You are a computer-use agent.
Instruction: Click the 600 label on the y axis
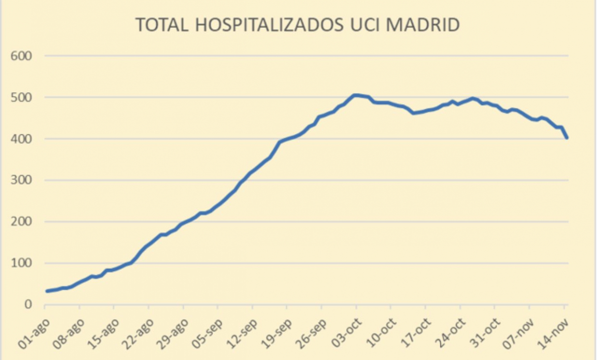click(22, 56)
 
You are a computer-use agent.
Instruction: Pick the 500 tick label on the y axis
click(22, 97)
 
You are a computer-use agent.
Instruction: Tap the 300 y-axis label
click(22, 180)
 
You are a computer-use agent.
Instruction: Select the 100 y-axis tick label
click(22, 264)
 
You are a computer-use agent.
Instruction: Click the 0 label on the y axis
click(29, 305)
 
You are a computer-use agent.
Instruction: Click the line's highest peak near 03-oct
click(355, 95)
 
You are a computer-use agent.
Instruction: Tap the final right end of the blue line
click(567, 138)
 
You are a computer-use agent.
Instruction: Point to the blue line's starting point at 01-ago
click(47, 291)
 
